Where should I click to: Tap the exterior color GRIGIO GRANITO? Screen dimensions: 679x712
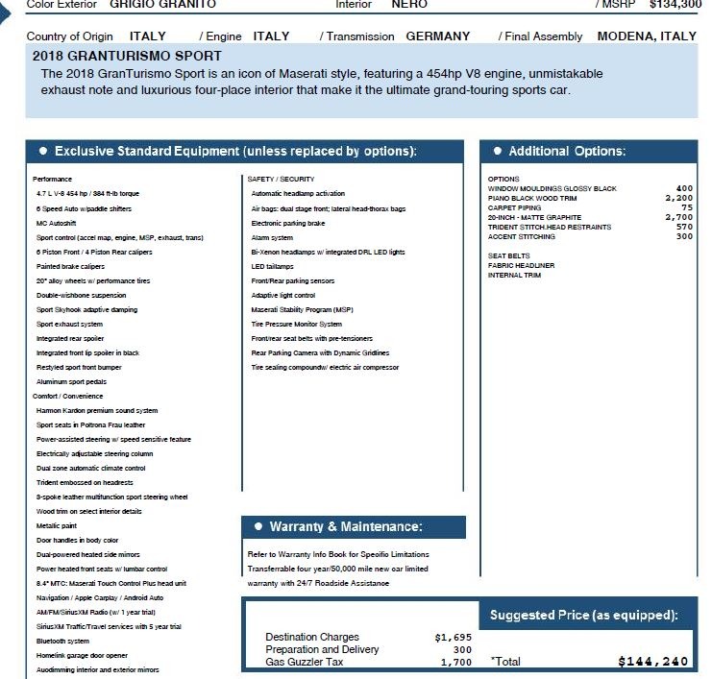tap(162, 4)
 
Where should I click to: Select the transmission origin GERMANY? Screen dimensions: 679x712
tap(438, 36)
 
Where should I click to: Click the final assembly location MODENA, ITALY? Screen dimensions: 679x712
tap(647, 36)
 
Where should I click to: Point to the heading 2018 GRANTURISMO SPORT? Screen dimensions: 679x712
tap(127, 56)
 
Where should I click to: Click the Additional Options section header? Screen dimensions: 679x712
tap(566, 152)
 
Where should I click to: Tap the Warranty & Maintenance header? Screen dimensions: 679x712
tap(345, 527)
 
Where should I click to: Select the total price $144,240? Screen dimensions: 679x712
tap(653, 662)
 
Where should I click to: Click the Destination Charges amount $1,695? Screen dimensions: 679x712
tap(453, 637)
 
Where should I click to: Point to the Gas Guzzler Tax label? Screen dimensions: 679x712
tap(305, 662)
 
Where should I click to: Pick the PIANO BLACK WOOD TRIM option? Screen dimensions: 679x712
tap(531, 199)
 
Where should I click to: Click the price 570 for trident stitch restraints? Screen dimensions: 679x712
tap(684, 228)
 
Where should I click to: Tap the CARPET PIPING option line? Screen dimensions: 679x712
tap(514, 208)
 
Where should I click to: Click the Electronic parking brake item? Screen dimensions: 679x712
tap(287, 223)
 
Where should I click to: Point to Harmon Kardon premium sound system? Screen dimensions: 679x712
tap(96, 410)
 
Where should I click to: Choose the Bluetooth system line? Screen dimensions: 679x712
tap(62, 641)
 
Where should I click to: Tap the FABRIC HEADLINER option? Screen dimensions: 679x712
tap(521, 266)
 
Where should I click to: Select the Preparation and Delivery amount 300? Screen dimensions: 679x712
tap(462, 649)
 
